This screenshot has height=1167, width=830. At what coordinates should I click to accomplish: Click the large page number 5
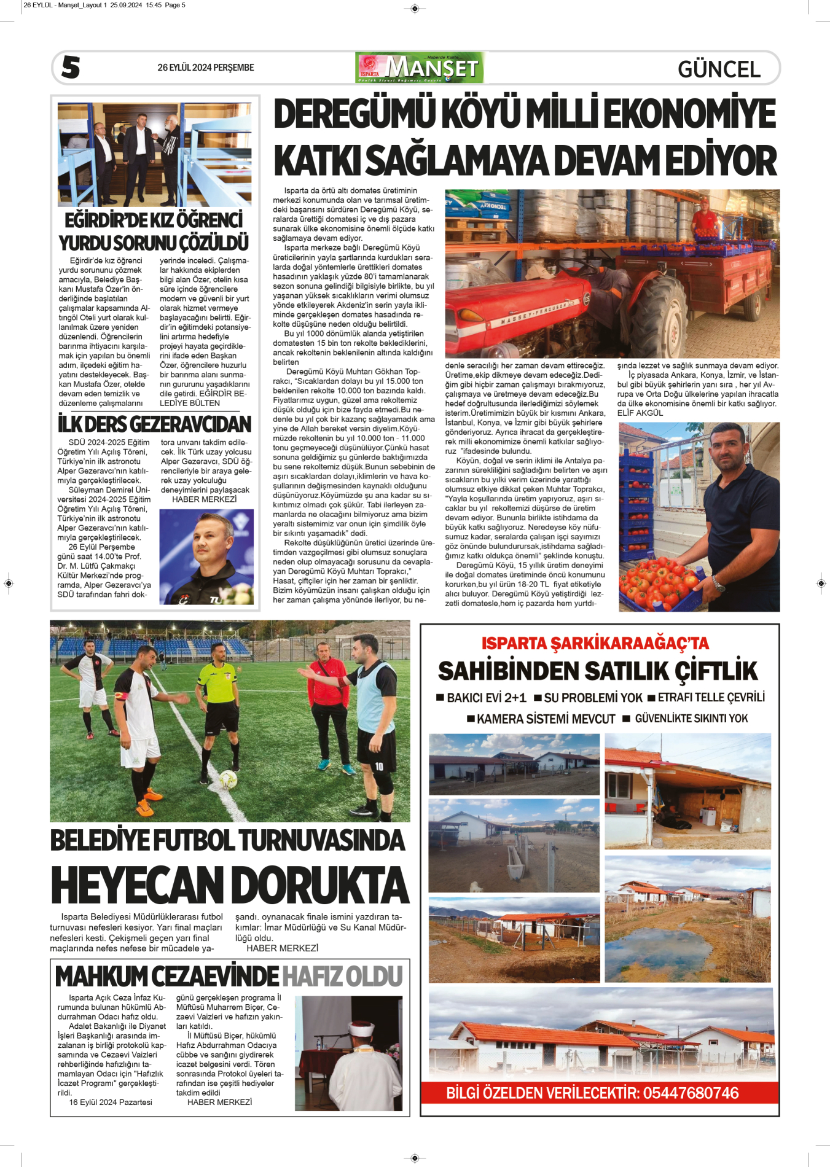point(71,67)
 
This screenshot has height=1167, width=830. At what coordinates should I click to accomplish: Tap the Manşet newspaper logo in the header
point(420,68)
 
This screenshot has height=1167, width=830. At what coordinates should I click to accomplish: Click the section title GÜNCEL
point(719,69)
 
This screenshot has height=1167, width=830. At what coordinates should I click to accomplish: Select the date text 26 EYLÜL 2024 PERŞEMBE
point(205,68)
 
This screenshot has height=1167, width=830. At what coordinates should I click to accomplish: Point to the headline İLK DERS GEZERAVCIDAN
point(154,424)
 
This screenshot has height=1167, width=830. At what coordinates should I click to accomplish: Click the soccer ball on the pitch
point(228,779)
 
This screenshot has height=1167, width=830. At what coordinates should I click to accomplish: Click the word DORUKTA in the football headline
point(320,886)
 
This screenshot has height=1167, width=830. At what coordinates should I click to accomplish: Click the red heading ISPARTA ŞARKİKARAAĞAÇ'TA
point(595,643)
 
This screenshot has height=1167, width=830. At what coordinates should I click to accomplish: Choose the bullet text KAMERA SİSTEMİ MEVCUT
point(546,719)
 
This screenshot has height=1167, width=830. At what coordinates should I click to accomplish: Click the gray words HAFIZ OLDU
point(342,976)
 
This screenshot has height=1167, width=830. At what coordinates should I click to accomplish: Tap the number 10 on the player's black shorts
point(379,767)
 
